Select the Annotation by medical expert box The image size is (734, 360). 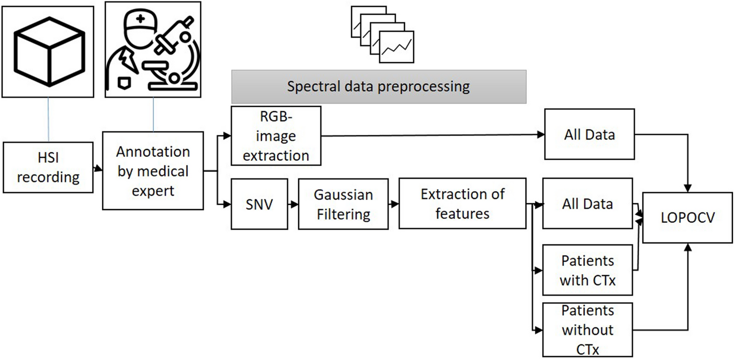coord(152,170)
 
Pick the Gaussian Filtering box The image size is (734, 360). coord(343,204)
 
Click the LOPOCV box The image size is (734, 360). coord(688,217)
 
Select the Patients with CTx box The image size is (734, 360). coord(588,270)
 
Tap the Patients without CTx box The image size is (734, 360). coord(588,329)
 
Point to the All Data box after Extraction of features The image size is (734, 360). coord(588,203)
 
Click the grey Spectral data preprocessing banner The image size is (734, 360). coord(379,87)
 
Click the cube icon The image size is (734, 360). coord(47,51)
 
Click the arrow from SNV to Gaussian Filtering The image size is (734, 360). coord(292,204)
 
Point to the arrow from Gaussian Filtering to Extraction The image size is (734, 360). coord(393,204)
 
